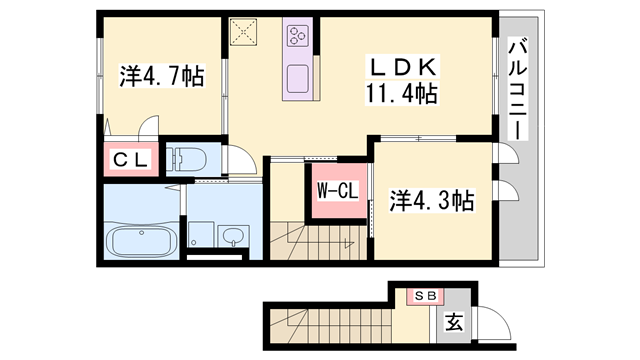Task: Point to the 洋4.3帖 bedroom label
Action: coord(431,201)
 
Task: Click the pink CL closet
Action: coord(130,159)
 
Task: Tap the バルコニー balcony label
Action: coord(517,89)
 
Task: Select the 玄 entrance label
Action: coord(453,323)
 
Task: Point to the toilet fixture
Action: coord(187,158)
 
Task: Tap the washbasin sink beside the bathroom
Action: coord(233,237)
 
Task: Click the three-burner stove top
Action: coord(298,38)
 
